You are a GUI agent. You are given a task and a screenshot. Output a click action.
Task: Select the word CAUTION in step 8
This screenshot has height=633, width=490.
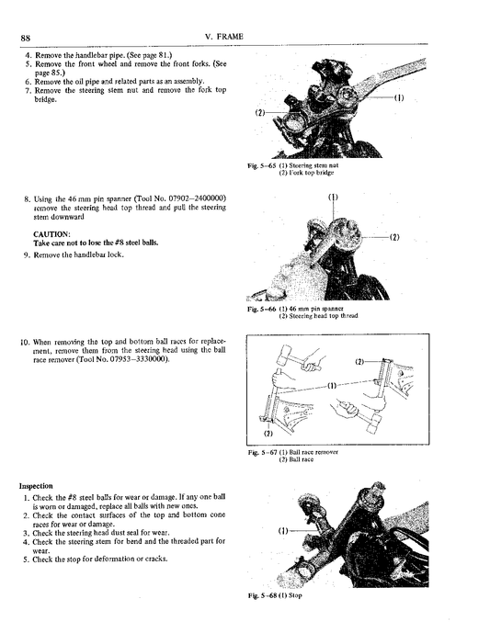tap(50, 233)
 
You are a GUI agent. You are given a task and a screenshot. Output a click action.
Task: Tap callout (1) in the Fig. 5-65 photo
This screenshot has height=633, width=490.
tap(399, 97)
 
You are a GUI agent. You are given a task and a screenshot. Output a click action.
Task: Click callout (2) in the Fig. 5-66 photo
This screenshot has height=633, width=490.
tap(394, 237)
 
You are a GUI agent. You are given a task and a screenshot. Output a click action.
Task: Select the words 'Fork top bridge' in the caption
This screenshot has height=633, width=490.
tap(321, 172)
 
